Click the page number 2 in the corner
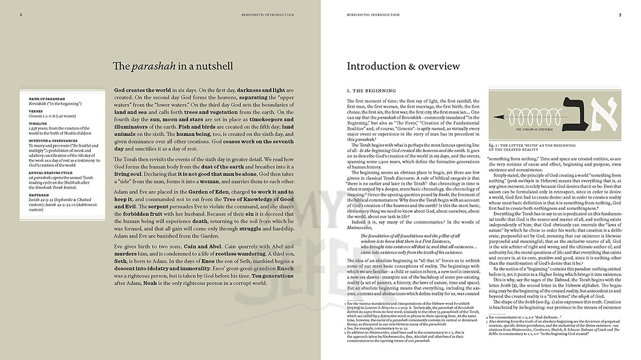pyautogui.click(x=20, y=14)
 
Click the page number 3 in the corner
pyautogui.click(x=620, y=14)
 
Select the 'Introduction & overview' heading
pyautogui.click(x=403, y=67)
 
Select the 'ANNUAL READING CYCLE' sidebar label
pyautogui.click(x=50, y=172)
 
